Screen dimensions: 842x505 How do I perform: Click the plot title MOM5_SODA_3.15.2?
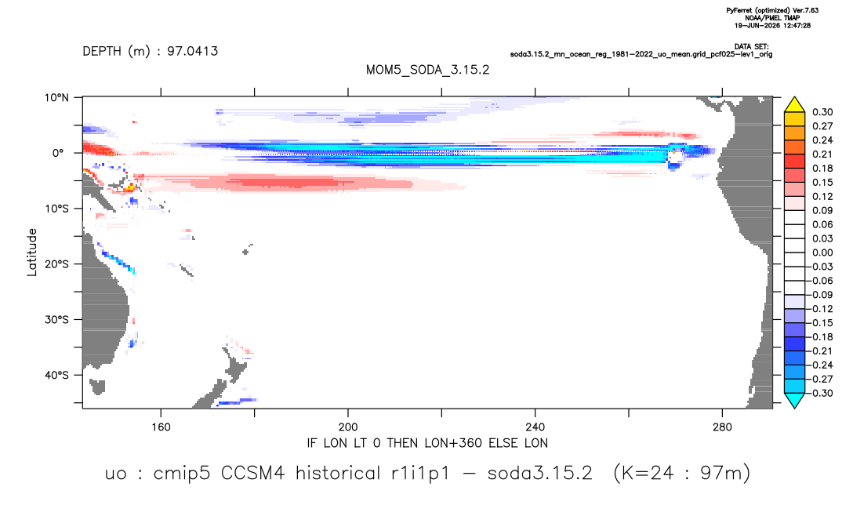coord(427,70)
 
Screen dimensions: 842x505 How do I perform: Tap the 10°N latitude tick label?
coord(56,97)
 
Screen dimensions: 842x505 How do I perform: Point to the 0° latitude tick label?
coord(58,153)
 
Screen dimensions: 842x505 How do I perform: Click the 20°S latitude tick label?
coord(56,263)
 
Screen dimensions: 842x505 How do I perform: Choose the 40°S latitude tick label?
coord(56,375)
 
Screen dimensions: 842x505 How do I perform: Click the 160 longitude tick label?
coord(161,427)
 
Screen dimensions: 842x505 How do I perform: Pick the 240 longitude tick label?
coord(535,427)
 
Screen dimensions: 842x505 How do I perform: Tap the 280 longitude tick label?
coord(722,427)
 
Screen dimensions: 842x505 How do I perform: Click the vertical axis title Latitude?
coord(32,252)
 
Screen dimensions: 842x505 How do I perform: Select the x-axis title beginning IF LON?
coord(427,443)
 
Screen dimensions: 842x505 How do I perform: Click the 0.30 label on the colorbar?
coord(822,112)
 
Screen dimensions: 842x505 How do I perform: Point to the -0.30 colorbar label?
coord(820,393)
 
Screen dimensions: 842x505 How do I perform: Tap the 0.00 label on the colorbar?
coord(822,252)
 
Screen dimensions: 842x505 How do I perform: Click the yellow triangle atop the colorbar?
coord(795,105)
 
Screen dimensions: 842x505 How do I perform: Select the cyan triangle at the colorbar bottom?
coord(795,400)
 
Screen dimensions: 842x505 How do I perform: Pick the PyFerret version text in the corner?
coord(772,10)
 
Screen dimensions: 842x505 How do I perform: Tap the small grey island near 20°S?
coord(247,250)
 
